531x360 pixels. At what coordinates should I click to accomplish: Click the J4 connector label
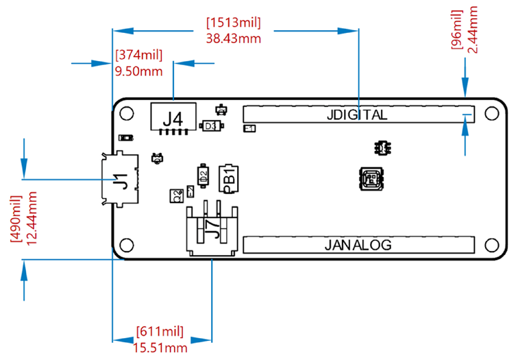pos(173,119)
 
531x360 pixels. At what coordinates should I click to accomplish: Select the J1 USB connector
pos(121,181)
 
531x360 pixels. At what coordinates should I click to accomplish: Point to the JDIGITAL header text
pos(357,115)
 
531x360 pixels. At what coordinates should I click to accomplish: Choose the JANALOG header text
pos(357,245)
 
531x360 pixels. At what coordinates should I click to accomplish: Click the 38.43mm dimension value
pos(233,38)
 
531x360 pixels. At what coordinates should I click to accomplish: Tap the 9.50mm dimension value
pos(139,71)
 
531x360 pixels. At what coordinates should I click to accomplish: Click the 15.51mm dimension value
pos(160,348)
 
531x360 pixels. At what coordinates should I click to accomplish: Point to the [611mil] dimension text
pos(160,333)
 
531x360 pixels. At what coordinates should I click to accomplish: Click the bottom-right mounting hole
pos(491,245)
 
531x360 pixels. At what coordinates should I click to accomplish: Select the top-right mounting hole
pos(491,113)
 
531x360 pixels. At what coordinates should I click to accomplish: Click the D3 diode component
pos(210,126)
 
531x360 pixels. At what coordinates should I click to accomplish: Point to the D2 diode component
pos(203,175)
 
